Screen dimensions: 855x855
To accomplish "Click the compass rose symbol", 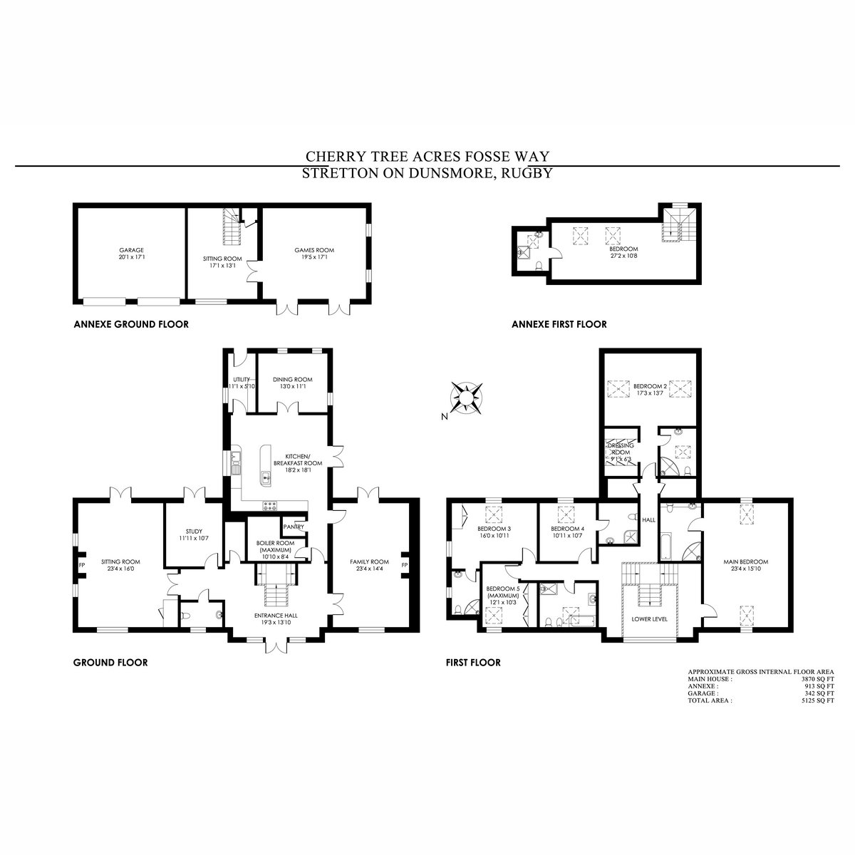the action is click(466, 398).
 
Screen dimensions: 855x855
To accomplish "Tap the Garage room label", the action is click(131, 250).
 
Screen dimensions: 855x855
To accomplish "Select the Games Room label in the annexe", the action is click(314, 250).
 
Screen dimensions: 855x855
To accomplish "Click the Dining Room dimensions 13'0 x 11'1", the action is click(292, 386).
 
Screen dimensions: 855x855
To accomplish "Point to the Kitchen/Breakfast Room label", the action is click(298, 460).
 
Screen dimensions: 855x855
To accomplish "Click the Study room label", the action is click(194, 531).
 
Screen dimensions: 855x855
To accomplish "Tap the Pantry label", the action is click(294, 527).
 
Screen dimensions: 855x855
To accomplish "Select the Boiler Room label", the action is click(275, 543).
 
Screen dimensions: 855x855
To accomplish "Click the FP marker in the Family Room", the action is click(404, 565).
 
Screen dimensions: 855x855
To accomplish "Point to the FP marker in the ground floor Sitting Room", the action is click(82, 565).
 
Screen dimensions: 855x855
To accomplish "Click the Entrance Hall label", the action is click(276, 616).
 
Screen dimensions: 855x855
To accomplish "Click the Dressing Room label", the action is click(621, 449).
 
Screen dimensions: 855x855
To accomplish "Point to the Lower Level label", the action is click(650, 619).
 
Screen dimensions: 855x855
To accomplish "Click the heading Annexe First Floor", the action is click(559, 324).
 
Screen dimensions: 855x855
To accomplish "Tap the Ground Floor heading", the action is click(110, 663).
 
